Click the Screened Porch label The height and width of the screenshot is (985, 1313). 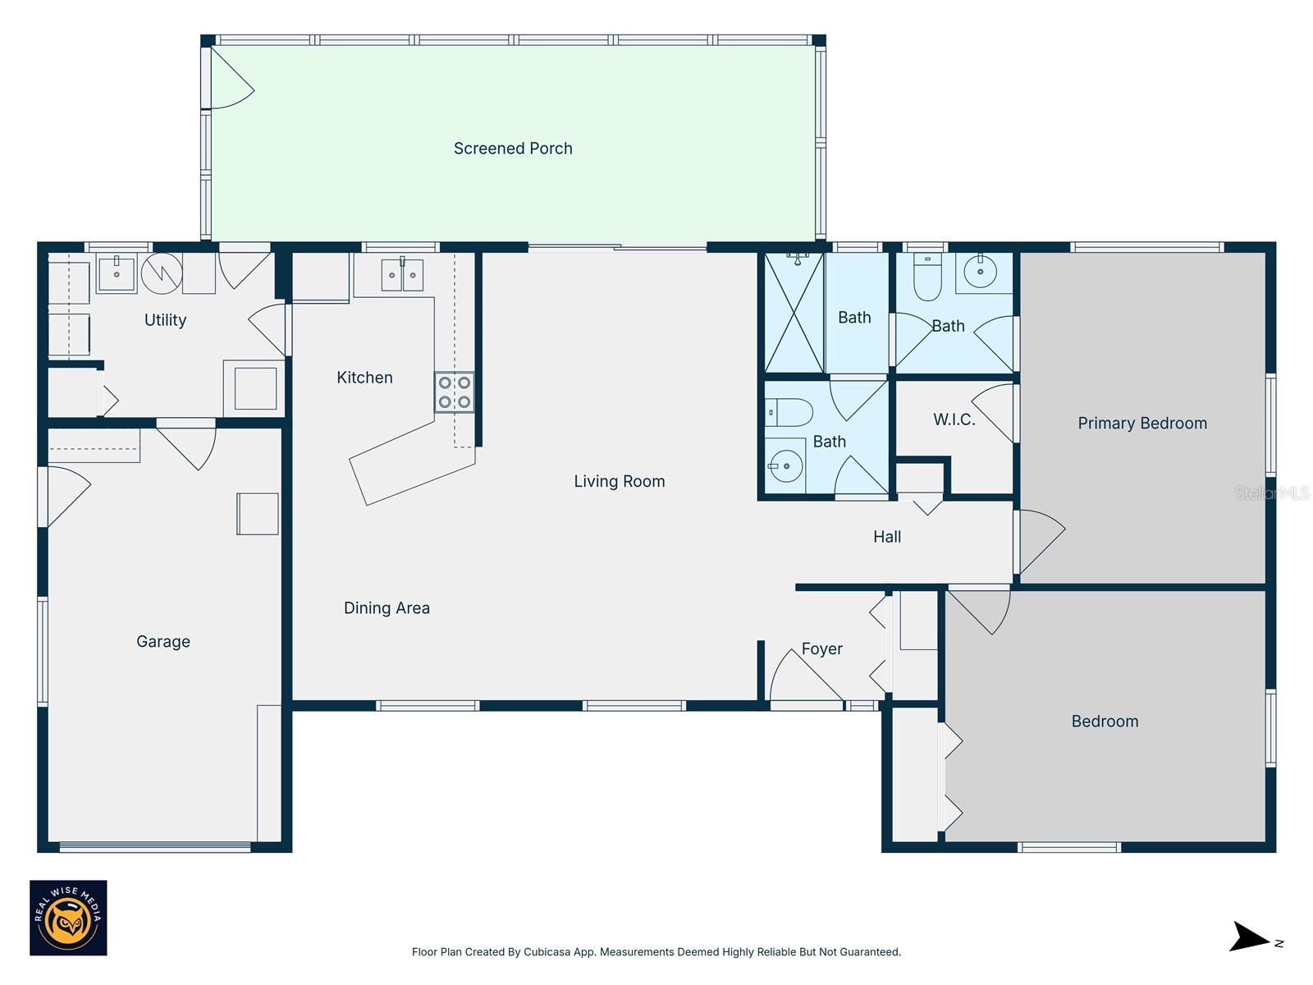513,149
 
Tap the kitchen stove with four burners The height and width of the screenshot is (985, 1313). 454,392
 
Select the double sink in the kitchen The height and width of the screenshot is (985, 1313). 402,275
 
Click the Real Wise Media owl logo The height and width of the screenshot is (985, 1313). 68,918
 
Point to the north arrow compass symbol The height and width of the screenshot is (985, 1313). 1251,937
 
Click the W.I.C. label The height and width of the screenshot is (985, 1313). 954,419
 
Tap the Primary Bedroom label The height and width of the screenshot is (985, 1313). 1141,424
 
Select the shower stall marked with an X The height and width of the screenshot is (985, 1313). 794,313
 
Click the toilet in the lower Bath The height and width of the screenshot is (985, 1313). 789,412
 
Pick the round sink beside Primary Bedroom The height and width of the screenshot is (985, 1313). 980,271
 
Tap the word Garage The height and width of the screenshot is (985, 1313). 162,642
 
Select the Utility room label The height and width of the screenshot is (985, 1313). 165,320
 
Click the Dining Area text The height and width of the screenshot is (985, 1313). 387,608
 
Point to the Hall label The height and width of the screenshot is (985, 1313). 886,537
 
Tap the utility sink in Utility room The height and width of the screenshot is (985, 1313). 117,273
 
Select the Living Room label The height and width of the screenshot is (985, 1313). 619,482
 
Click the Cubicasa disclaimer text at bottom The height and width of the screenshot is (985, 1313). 656,952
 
